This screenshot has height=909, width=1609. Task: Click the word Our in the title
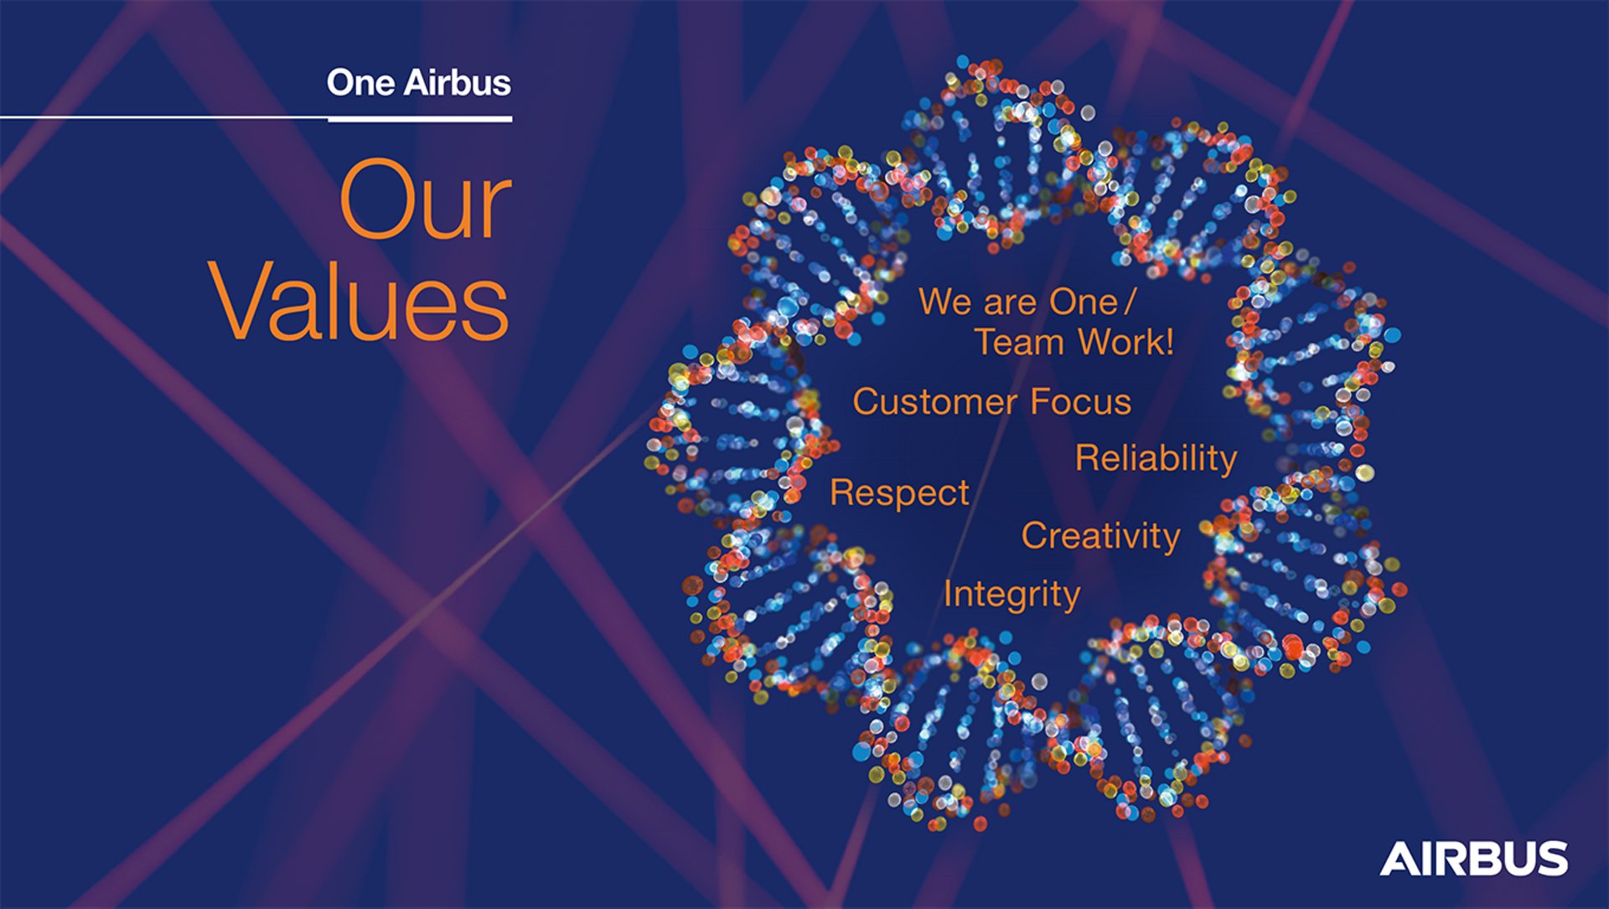click(x=425, y=199)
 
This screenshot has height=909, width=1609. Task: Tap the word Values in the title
click(x=360, y=300)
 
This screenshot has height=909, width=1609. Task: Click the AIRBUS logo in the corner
click(x=1473, y=859)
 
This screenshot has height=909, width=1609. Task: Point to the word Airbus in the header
click(x=458, y=82)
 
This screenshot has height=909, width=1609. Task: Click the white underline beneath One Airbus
click(x=420, y=120)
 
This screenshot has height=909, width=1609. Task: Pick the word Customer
click(x=935, y=402)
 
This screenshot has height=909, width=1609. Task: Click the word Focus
click(x=1081, y=402)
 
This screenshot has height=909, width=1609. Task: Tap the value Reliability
click(x=1156, y=459)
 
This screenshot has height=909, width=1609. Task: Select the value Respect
click(x=899, y=493)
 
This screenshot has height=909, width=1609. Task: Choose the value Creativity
click(x=1100, y=536)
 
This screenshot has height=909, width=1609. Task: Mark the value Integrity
click(x=1011, y=595)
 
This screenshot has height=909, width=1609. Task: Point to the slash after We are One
click(x=1130, y=302)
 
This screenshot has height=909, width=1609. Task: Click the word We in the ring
click(x=946, y=302)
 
